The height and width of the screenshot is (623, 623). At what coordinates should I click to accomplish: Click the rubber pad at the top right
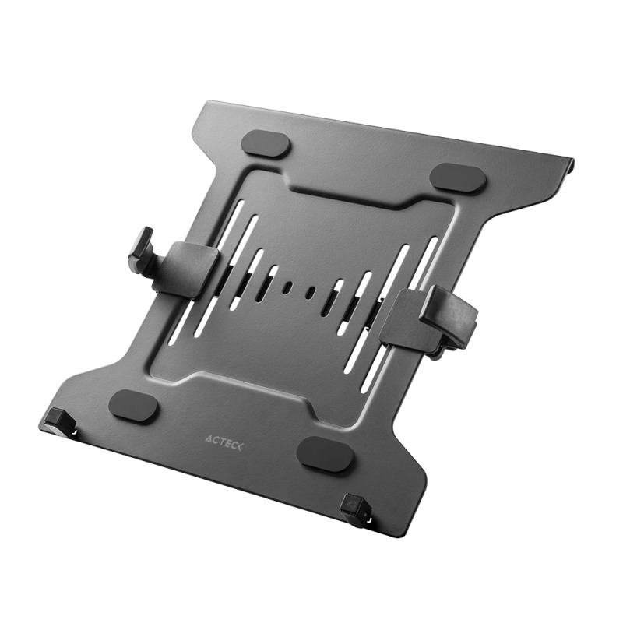tap(458, 178)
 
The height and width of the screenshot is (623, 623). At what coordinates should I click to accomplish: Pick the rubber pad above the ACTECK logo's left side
tap(134, 405)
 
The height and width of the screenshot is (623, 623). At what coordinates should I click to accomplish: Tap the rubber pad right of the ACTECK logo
tap(327, 453)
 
